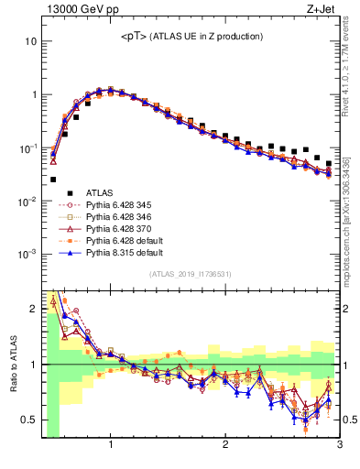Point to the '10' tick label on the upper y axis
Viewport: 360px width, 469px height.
(x=31, y=42)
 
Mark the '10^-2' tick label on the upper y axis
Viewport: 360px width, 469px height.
(x=27, y=201)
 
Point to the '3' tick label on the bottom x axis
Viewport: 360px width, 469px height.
(x=339, y=447)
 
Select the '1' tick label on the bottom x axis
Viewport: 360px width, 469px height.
(x=111, y=447)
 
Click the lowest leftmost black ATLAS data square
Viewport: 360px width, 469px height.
(x=53, y=180)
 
